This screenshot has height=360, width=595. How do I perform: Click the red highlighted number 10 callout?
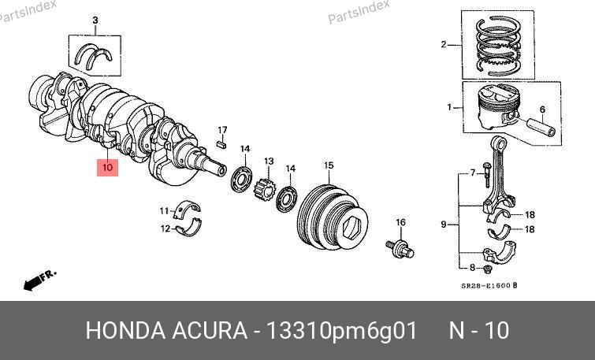(107, 167)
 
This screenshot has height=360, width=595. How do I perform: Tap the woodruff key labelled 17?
(221, 144)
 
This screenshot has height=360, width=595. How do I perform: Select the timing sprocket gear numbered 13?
(263, 191)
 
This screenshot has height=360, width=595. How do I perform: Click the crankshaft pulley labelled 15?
(333, 217)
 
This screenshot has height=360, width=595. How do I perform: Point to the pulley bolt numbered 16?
(400, 248)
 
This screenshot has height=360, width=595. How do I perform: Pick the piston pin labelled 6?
(541, 127)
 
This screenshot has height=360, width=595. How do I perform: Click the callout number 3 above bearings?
(95, 20)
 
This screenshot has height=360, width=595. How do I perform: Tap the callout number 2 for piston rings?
(444, 45)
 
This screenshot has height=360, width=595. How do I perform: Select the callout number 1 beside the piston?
(450, 107)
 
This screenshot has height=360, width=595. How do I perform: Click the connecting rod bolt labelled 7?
(486, 175)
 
